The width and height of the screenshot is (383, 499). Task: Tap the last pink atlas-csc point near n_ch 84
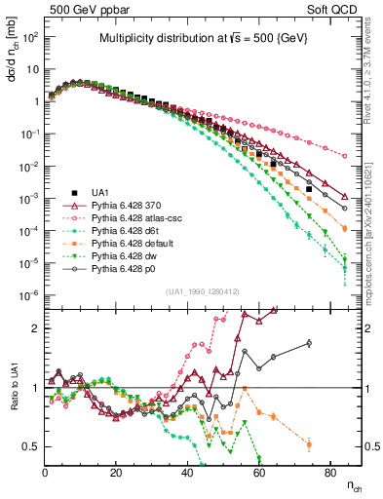(344, 154)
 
